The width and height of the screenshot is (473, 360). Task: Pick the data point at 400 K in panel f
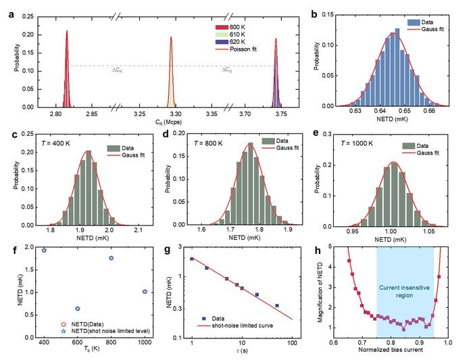[x=44, y=250]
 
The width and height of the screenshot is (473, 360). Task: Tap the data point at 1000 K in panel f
[x=145, y=291]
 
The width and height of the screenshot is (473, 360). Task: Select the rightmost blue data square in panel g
[x=277, y=306]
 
